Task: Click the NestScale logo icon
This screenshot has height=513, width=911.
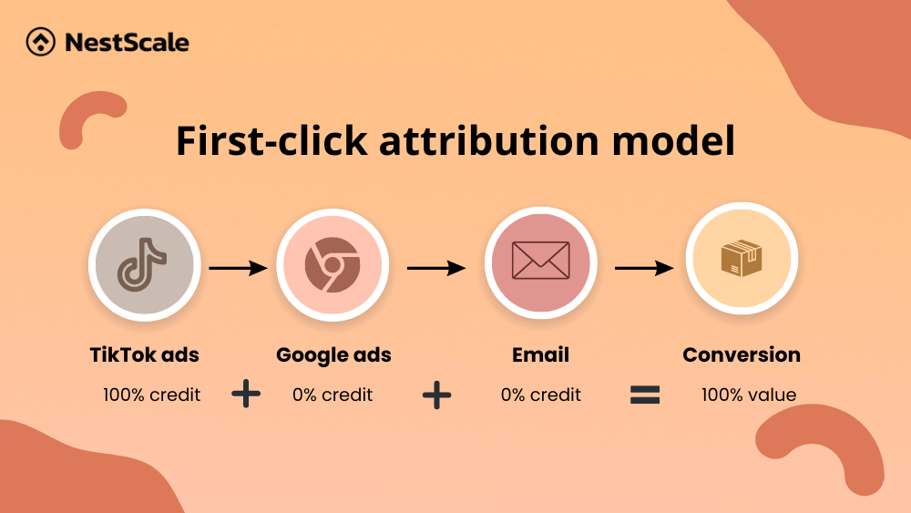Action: [x=41, y=42]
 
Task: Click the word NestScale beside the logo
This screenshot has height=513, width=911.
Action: [x=128, y=43]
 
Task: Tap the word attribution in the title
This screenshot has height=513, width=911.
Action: [x=489, y=140]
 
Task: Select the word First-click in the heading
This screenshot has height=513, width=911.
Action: [x=271, y=140]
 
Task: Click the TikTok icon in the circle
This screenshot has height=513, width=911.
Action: [x=142, y=264]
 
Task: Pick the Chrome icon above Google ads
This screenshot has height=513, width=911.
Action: [x=333, y=264]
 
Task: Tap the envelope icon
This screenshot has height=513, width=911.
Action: [x=540, y=261]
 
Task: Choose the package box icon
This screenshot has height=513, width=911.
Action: [x=742, y=258]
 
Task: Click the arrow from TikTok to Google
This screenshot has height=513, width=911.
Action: [x=238, y=268]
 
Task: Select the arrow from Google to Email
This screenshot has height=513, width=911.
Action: [x=436, y=268]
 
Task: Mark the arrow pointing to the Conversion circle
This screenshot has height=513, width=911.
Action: [x=644, y=268]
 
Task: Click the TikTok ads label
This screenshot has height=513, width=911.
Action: [x=144, y=354]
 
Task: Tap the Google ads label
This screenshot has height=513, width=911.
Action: [x=333, y=355]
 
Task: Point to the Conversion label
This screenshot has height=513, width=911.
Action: [x=742, y=354]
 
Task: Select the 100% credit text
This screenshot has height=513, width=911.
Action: [x=151, y=395]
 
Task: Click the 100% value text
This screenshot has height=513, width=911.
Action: [x=748, y=395]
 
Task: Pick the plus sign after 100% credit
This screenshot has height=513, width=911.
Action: [x=246, y=394]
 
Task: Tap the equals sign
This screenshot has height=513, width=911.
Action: [x=645, y=395]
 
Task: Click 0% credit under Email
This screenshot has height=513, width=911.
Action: [x=540, y=395]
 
